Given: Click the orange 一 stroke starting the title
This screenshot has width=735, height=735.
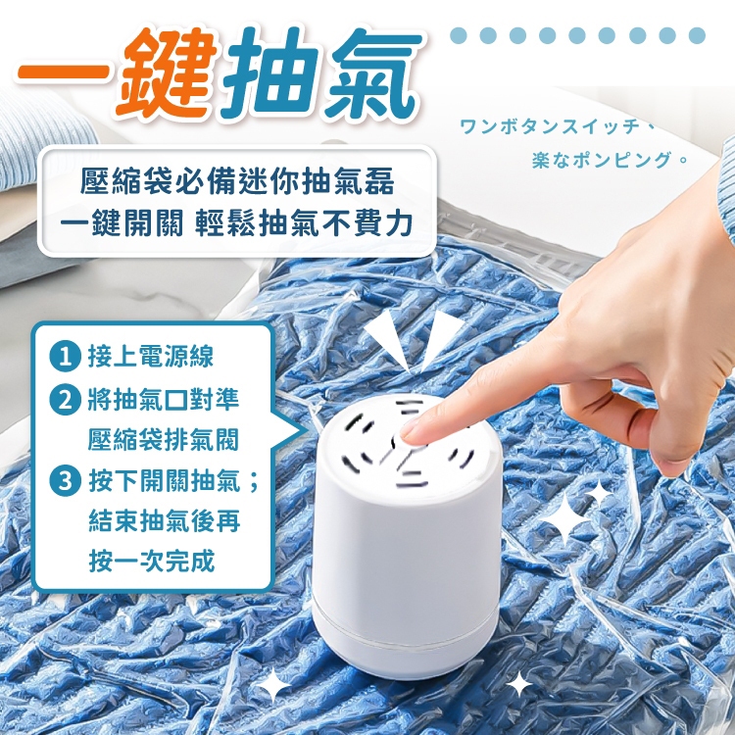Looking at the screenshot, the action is pos(64,71).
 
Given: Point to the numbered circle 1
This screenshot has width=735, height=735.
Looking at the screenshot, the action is pos(65,357).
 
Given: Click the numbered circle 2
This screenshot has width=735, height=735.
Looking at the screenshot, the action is pos(65,400).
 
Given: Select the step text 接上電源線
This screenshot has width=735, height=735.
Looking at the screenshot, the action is pos(151,357).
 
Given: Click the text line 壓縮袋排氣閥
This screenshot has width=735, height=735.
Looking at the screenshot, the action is pos(164,439).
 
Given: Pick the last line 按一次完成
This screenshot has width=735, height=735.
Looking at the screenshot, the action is pos(151,561).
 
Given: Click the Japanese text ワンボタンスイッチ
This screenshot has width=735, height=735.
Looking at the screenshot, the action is pos(550,126).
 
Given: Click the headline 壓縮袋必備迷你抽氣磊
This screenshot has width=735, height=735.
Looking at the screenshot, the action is pos(237,182).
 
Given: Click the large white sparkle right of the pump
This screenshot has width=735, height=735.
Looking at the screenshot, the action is pos(565,518).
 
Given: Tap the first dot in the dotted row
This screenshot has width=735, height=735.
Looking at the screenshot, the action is pos(458,35).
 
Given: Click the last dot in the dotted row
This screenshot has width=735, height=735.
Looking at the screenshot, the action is pos(697,35).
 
